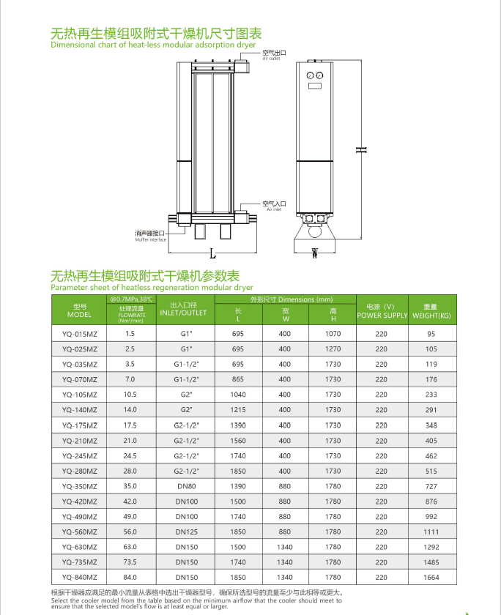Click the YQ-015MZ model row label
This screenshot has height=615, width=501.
79,333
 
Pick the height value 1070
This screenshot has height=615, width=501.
333,333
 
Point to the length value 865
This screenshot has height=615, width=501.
237,379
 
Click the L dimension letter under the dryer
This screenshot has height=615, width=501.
212,255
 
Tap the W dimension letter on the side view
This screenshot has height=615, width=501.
314,254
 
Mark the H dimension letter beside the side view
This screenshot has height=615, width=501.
360,149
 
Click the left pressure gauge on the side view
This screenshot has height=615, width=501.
311,75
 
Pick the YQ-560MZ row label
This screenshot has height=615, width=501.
79,532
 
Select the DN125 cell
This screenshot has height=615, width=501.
186,532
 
